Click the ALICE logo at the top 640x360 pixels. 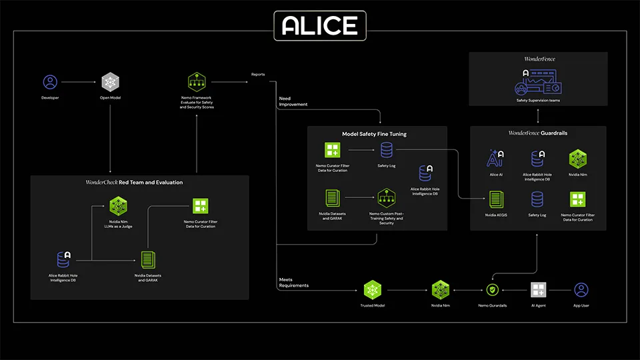(320, 25)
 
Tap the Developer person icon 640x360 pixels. (50, 83)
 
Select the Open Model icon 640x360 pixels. (110, 83)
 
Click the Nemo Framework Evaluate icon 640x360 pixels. (197, 83)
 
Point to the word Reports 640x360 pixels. (258, 75)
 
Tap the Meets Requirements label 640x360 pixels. (294, 282)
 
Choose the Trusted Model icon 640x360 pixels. (372, 290)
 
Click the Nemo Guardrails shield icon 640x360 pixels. (493, 290)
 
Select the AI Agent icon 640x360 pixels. (539, 290)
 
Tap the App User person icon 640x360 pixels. (581, 290)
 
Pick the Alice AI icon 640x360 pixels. (495, 159)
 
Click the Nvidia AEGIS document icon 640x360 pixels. (495, 199)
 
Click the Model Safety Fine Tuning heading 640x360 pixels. (374, 134)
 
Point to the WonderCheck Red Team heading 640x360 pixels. (134, 182)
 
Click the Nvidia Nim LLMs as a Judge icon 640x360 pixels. (119, 205)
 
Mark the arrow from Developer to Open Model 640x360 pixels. (80, 83)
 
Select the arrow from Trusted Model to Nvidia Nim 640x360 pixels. (406, 291)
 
